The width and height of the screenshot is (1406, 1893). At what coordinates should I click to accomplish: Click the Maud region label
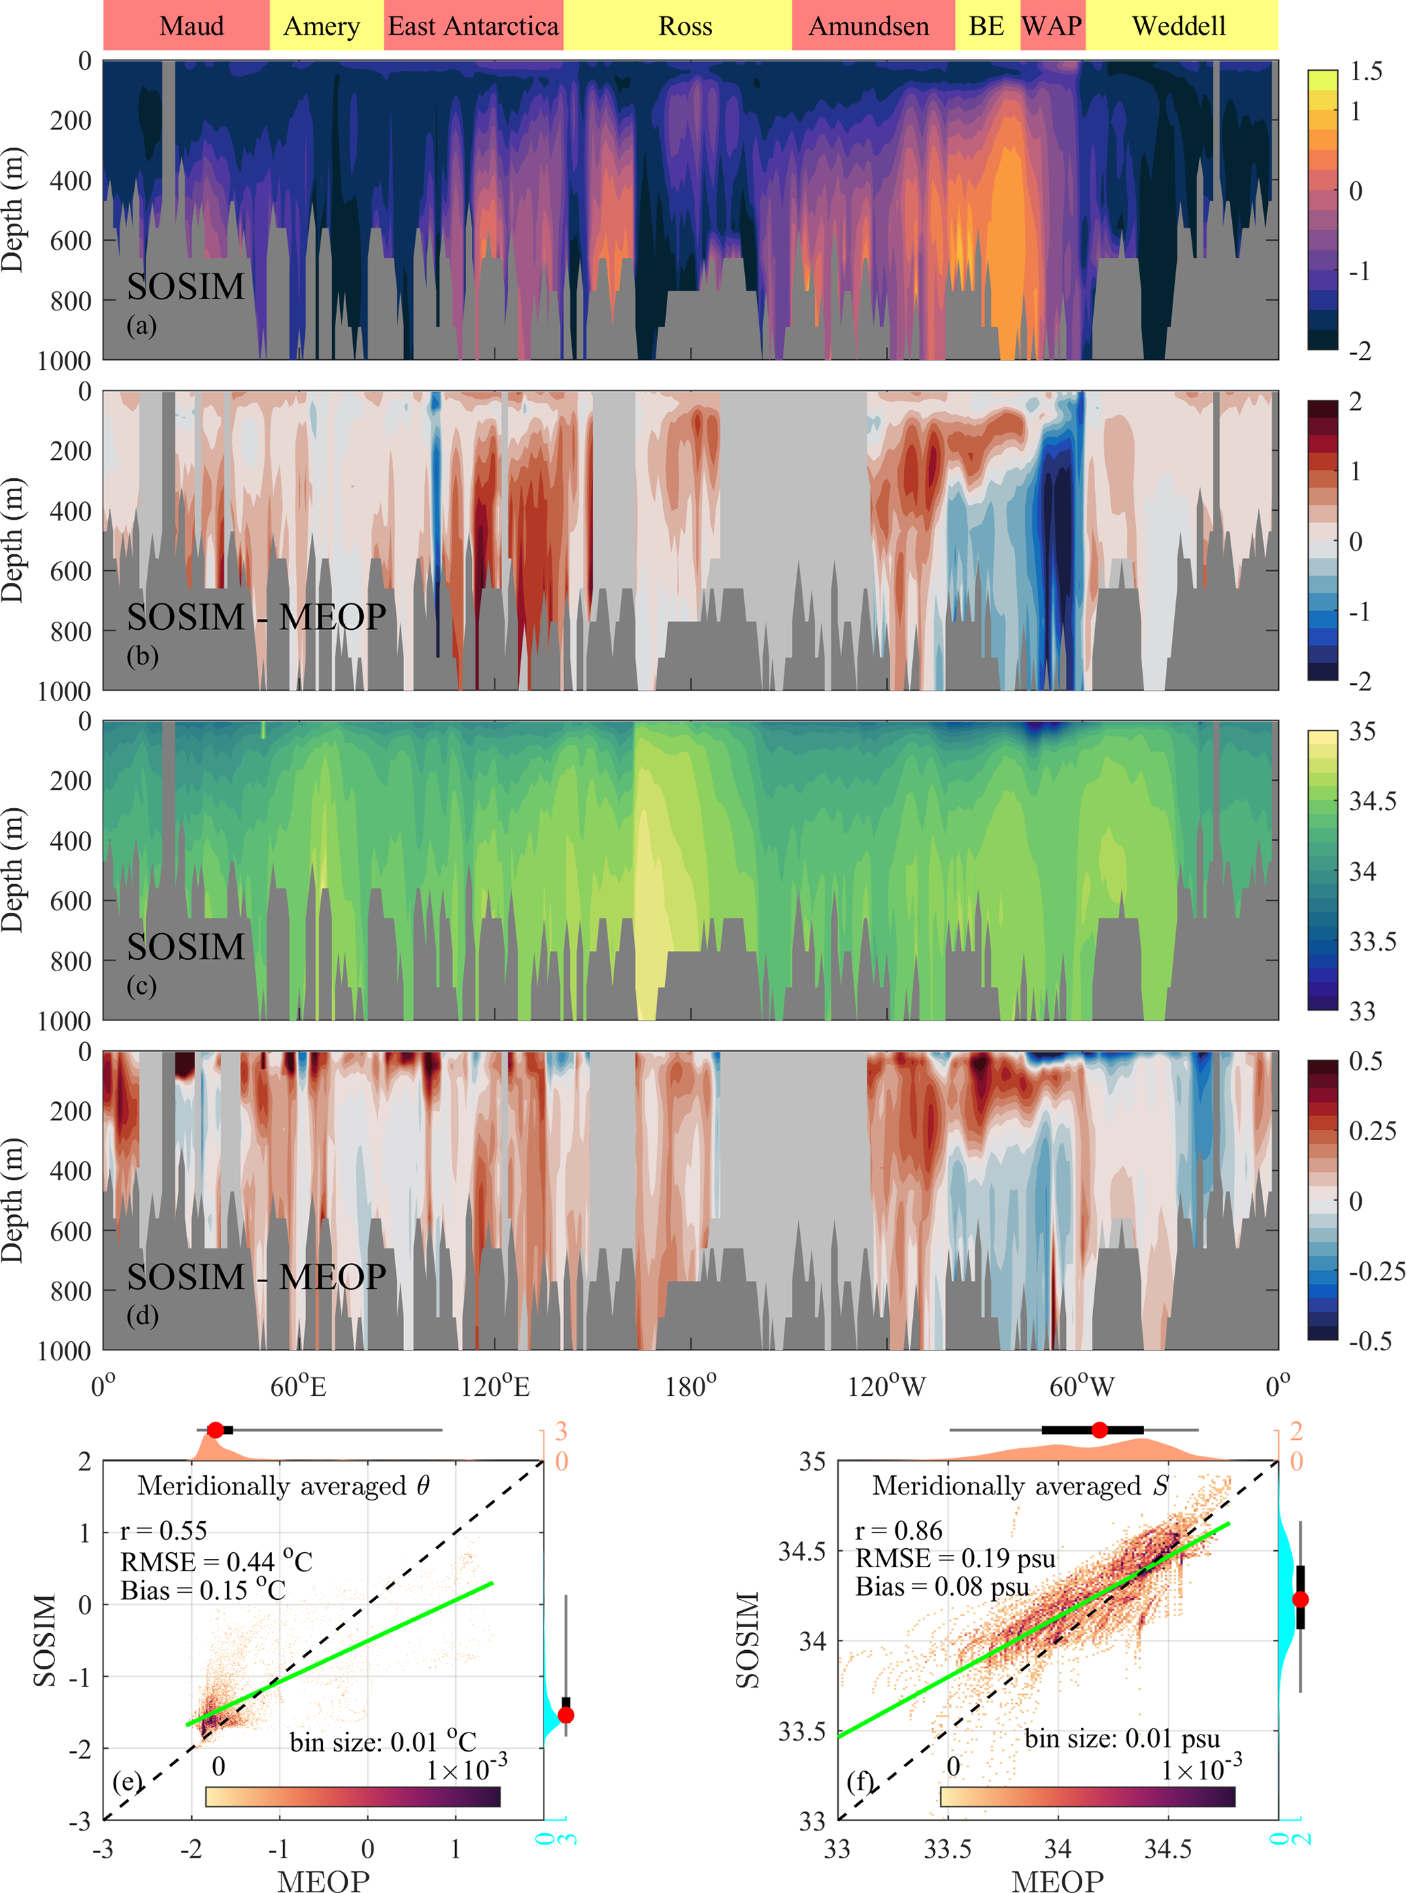coord(192,27)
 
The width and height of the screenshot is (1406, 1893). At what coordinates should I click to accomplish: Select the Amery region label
coord(322,27)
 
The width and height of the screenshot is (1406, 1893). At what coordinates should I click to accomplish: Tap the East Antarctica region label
coord(473,27)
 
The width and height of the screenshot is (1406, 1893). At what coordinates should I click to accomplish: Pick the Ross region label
coord(685,27)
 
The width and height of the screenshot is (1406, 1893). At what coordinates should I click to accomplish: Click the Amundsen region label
coord(869,27)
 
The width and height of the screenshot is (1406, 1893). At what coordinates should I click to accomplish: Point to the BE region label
coord(986,27)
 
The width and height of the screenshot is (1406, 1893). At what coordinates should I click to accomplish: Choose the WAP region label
coord(1052,27)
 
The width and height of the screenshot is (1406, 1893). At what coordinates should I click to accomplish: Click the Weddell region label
coord(1179,27)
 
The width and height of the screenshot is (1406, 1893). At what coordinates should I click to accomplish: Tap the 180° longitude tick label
coord(690,1388)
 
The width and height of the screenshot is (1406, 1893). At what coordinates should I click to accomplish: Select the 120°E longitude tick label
coord(495,1388)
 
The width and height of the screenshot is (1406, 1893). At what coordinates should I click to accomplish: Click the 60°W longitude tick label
coord(1081,1388)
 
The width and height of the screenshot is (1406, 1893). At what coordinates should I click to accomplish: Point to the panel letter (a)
coord(141,326)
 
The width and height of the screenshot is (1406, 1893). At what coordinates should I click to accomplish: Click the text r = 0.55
coord(163,1531)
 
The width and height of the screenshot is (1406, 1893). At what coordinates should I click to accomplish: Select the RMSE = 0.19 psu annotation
coord(955,1558)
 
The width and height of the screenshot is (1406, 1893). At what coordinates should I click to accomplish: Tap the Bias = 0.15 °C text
coord(203,1590)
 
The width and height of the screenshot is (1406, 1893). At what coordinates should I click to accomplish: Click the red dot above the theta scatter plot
coord(216,1430)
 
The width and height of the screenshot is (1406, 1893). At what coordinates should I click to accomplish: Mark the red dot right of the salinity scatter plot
coord(1300,1599)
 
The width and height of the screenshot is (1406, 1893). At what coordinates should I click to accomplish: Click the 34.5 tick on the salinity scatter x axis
coord(1168,1849)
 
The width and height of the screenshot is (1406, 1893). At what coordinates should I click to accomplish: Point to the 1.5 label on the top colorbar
coord(1366,71)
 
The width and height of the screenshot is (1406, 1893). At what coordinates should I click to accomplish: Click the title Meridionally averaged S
coord(1020,1486)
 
